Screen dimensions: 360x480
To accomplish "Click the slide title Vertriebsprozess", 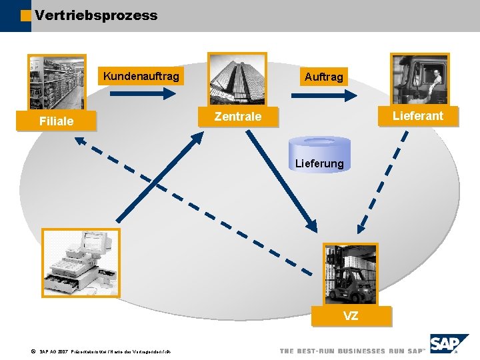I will coord(96,15).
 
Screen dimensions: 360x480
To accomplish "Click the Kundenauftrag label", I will coord(141,77).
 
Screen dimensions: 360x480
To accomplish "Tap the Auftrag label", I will coord(323,77).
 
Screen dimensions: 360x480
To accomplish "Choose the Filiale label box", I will coord(57,121).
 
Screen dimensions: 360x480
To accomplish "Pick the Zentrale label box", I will coord(237,117).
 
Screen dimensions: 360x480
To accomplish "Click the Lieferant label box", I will coord(417,115).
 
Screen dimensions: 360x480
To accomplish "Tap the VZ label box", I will coord(351,316).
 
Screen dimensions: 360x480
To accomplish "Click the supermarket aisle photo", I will coord(57,82).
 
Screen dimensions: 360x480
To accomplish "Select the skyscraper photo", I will coord(237,79).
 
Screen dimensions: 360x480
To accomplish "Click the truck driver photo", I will coord(419,79).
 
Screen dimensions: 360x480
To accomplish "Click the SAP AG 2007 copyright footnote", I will coord(100,351).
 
